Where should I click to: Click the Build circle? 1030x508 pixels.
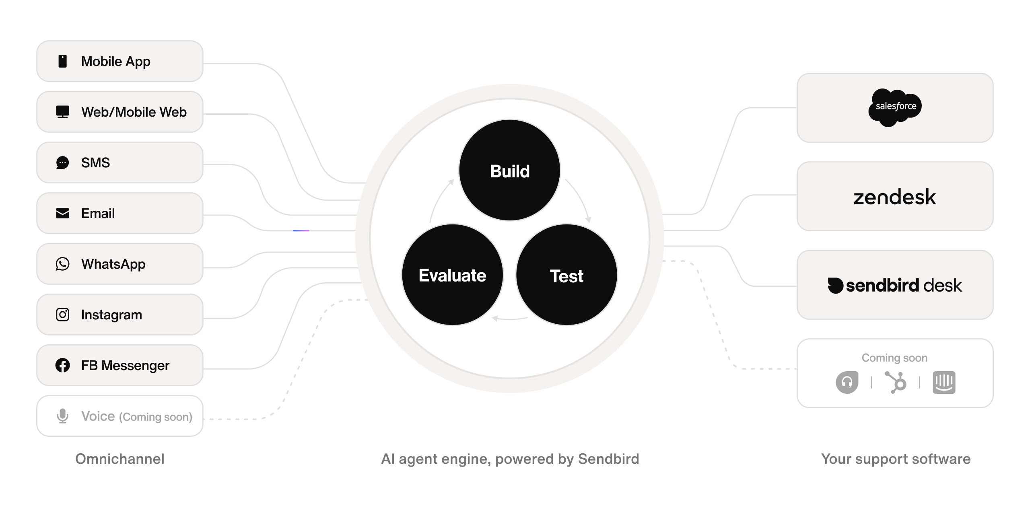(509, 170)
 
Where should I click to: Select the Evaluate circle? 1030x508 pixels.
(452, 275)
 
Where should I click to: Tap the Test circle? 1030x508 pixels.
(566, 275)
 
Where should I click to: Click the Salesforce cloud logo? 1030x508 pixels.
(895, 107)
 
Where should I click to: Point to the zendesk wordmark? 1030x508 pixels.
(894, 197)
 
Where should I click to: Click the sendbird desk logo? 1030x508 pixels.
(894, 285)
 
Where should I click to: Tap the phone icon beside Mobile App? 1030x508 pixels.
(62, 61)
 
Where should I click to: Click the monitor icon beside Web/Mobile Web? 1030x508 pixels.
(62, 112)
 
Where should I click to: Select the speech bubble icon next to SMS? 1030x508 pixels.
(62, 162)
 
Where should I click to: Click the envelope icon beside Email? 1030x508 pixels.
(62, 213)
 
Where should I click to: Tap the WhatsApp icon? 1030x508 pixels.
(62, 264)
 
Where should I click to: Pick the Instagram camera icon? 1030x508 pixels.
(62, 315)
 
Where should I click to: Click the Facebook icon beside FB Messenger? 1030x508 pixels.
(62, 365)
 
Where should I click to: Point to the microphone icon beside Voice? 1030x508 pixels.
(62, 416)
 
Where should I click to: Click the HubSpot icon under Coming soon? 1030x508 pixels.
(896, 382)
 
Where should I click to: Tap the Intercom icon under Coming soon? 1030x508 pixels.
(943, 382)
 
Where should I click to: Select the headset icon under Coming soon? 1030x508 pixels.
(847, 382)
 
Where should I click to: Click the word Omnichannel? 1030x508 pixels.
(120, 459)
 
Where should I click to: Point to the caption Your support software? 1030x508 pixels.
(896, 459)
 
